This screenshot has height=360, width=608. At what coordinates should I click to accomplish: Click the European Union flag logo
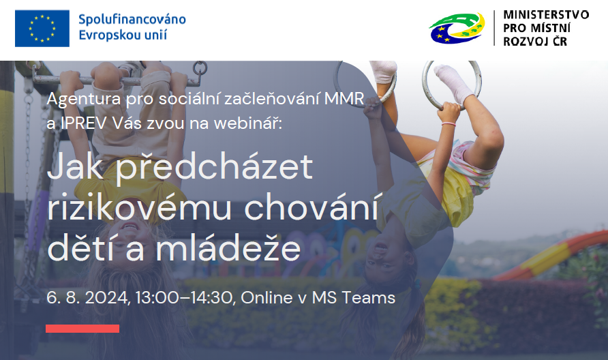pyautogui.click(x=42, y=28)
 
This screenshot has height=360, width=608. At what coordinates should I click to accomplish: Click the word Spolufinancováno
pyautogui.click(x=132, y=18)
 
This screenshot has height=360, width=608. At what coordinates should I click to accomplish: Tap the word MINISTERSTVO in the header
pyautogui.click(x=546, y=14)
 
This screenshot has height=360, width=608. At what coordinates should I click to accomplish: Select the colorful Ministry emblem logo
pyautogui.click(x=457, y=28)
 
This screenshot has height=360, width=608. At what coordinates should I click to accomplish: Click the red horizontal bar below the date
pyautogui.click(x=82, y=329)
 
